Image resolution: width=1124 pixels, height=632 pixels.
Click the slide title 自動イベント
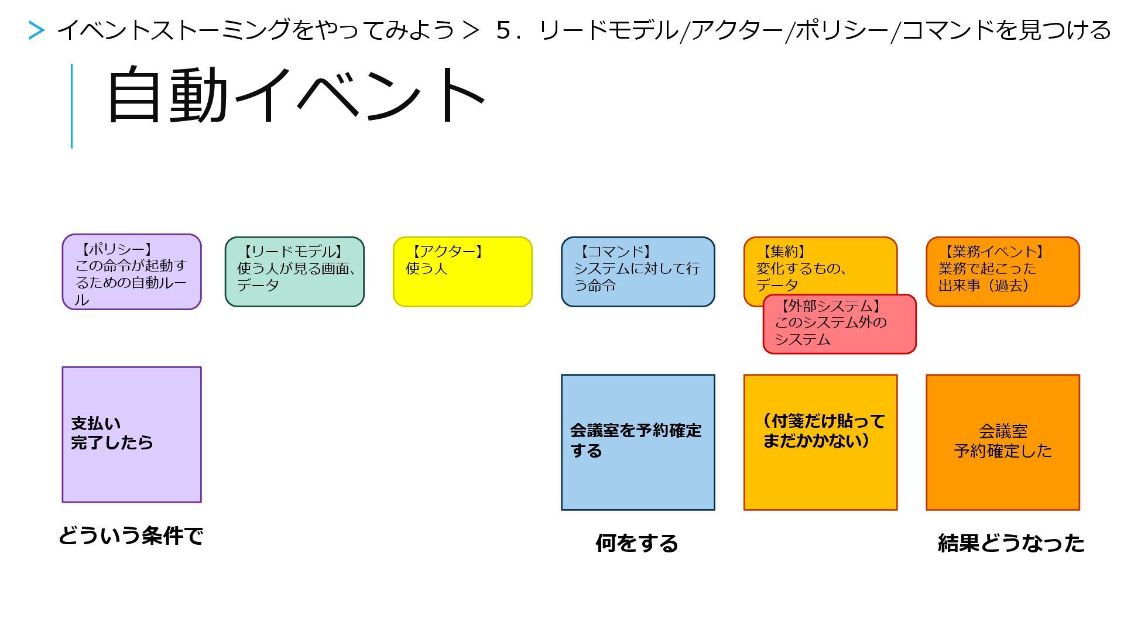296,95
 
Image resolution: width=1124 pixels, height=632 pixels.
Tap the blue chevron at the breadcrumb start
36,30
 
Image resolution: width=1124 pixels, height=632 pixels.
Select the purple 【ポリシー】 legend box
132,272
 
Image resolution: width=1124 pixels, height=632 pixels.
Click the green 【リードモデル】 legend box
294,272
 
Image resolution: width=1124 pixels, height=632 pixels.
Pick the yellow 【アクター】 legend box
462,272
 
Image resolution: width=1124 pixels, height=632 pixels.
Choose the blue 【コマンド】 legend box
638,272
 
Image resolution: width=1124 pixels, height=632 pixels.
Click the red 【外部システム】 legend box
839,324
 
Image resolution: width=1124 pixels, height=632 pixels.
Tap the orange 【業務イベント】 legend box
1002,272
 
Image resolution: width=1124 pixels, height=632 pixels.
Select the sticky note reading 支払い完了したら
132,434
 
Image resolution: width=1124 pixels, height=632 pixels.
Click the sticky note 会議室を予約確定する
638,442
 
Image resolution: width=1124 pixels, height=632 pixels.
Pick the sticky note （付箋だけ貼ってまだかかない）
820,442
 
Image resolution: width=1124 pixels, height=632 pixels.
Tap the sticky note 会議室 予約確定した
1002,442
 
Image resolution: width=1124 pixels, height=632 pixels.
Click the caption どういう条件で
131,535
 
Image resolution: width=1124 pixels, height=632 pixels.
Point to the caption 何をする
637,543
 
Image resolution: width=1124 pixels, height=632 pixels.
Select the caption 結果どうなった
1011,543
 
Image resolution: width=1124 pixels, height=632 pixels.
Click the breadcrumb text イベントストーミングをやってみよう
256,30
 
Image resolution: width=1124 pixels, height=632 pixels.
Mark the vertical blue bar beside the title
72,106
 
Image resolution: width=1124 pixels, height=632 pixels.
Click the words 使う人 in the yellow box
426,269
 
